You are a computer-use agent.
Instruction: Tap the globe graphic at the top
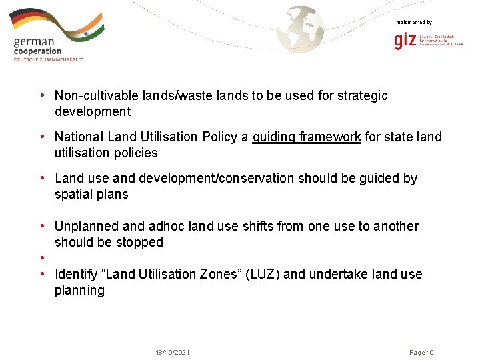301,29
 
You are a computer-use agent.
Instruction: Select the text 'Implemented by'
413,23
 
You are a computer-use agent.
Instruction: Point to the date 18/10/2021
172,352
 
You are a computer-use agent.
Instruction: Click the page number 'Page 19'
421,352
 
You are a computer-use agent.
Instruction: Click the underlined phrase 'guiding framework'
307,137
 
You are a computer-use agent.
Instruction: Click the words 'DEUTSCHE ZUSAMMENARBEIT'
48,59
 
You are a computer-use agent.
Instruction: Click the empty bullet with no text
42,258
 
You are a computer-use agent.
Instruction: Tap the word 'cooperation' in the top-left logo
37,51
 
